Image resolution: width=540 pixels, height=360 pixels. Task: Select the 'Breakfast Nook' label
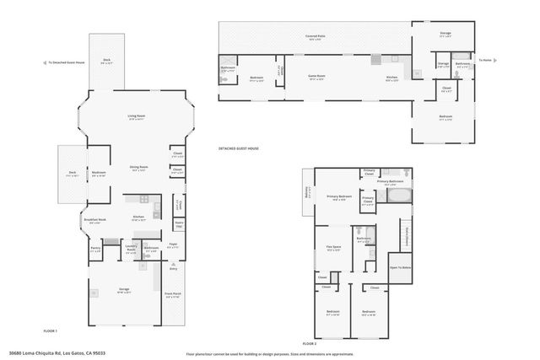click(96, 220)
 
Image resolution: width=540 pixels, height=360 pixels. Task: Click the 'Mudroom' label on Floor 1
click(98, 172)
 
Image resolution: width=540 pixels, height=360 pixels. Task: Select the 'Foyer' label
click(172, 245)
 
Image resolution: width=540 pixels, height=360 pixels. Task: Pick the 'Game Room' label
click(316, 77)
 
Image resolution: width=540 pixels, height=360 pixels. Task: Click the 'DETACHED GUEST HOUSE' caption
click(239, 148)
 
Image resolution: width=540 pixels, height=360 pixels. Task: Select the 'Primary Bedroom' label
click(340, 199)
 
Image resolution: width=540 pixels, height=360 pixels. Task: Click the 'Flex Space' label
click(333, 247)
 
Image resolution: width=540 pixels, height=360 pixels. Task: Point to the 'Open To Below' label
click(400, 267)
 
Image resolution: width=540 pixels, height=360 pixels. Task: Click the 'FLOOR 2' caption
click(309, 344)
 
